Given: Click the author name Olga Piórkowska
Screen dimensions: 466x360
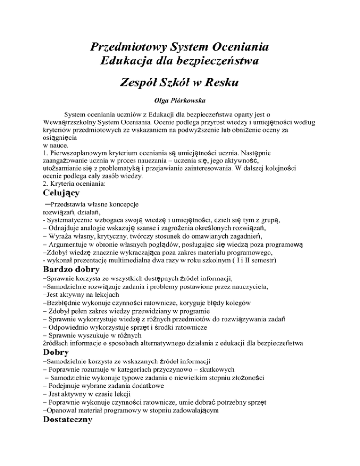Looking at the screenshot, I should [180, 100].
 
